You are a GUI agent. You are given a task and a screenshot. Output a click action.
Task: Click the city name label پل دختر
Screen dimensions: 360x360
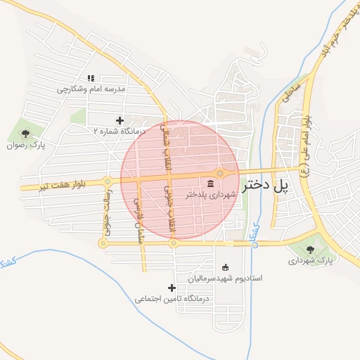[266, 186]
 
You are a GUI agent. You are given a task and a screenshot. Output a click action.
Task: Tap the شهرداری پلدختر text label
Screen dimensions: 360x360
[210, 195]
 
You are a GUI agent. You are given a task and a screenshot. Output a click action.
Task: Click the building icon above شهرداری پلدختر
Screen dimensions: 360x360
[211, 184]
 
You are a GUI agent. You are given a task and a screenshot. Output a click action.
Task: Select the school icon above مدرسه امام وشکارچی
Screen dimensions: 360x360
[90, 78]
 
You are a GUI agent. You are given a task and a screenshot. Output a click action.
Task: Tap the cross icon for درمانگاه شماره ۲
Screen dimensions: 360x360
[119, 120]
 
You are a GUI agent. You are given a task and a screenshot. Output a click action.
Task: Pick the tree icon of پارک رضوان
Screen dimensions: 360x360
[26, 134]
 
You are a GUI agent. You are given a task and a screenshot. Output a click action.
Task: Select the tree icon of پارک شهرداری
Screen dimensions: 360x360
[310, 249]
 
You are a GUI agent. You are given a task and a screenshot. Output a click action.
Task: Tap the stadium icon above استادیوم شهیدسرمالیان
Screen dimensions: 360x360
[225, 267]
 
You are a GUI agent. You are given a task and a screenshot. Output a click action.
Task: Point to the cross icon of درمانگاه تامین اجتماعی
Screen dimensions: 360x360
[172, 288]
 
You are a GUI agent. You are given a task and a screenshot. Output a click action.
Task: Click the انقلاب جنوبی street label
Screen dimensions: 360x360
[169, 210]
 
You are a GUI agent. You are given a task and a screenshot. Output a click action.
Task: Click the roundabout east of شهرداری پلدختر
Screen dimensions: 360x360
[220, 173]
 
